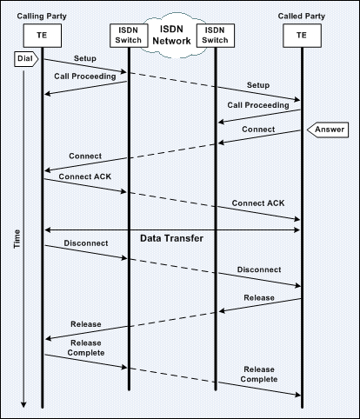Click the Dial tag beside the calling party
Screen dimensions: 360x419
pyautogui.click(x=26, y=59)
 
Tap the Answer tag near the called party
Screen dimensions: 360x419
pyautogui.click(x=328, y=130)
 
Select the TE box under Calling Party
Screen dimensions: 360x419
pyautogui.click(x=43, y=36)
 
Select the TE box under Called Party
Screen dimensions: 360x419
pyautogui.click(x=302, y=36)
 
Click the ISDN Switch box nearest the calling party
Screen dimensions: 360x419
pyautogui.click(x=129, y=36)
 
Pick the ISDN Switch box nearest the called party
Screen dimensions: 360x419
pyautogui.click(x=216, y=36)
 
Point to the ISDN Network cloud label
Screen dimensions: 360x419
pyautogui.click(x=172, y=35)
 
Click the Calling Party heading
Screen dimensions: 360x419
pyautogui.click(x=42, y=17)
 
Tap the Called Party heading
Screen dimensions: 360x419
pyautogui.click(x=302, y=17)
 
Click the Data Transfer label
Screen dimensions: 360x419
pyautogui.click(x=171, y=238)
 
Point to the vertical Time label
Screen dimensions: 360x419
pyautogui.click(x=17, y=239)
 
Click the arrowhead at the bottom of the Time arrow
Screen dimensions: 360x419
pyautogui.click(x=23, y=405)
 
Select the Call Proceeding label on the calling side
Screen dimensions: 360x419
pyautogui.click(x=85, y=76)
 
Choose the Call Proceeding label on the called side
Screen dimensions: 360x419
pyautogui.click(x=258, y=105)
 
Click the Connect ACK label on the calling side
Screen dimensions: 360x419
pyautogui.click(x=85, y=176)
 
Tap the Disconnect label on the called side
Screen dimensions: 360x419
pyautogui.click(x=259, y=269)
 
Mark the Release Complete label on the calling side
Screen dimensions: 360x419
pyautogui.click(x=86, y=348)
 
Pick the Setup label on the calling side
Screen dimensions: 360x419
pyautogui.click(x=85, y=58)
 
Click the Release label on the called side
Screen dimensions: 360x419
pyautogui.click(x=259, y=298)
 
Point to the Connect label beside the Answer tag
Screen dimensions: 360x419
pyautogui.click(x=258, y=130)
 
